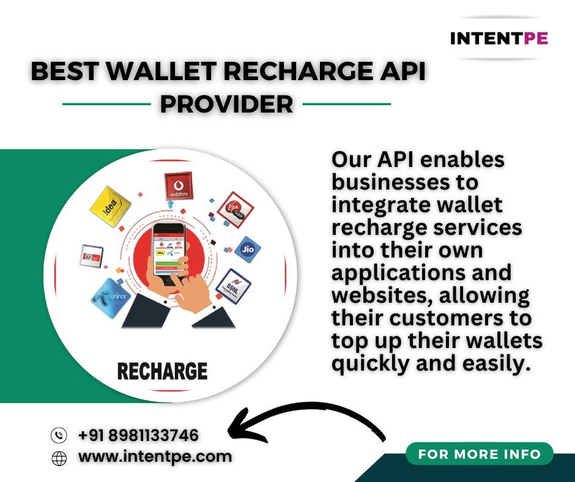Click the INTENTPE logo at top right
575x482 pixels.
click(499, 38)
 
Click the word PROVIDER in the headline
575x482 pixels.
click(226, 104)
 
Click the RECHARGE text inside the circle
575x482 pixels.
click(162, 371)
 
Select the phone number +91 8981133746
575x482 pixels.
click(138, 436)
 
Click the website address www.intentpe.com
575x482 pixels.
click(155, 456)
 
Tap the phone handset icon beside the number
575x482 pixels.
click(59, 436)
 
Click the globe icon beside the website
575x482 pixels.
click(59, 458)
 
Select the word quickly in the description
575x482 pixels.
click(373, 364)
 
